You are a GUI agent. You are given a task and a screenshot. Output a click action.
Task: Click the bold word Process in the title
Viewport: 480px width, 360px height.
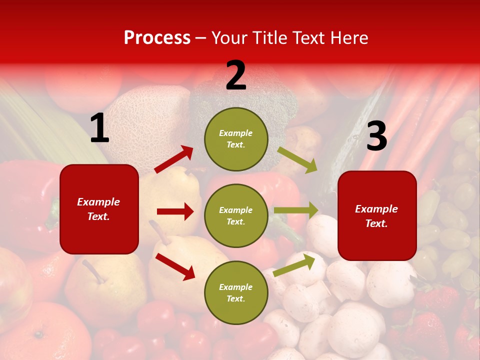pos(157,37)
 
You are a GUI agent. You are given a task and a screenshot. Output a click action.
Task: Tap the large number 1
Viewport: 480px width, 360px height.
pos(99,128)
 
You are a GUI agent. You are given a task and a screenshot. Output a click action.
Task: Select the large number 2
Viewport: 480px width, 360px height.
pos(236,75)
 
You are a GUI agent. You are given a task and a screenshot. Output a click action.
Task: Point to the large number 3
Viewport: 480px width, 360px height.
pos(376,136)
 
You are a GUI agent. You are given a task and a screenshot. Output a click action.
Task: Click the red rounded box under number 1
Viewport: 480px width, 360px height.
pos(99,209)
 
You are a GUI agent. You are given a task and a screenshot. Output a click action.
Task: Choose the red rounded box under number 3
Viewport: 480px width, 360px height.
pos(377,215)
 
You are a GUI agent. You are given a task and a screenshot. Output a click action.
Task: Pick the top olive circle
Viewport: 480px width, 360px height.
pos(236,139)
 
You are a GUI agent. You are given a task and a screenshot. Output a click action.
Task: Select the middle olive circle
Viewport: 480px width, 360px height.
pos(236,215)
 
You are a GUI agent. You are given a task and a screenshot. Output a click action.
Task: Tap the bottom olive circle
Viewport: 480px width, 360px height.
pos(236,292)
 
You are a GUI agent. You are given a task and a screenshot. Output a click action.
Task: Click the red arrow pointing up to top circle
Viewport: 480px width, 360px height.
pos(174,159)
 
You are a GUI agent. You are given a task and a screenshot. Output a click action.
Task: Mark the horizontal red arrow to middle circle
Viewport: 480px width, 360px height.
pos(175,211)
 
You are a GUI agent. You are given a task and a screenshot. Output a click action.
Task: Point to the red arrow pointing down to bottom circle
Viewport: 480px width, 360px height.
pos(175,266)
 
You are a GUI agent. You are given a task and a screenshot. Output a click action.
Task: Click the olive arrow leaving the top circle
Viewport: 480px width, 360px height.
pos(297,159)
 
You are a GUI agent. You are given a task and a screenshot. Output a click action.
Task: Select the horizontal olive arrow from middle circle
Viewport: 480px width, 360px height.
pos(295,210)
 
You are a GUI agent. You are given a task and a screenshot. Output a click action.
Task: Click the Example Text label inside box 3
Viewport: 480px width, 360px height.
pos(376,216)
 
